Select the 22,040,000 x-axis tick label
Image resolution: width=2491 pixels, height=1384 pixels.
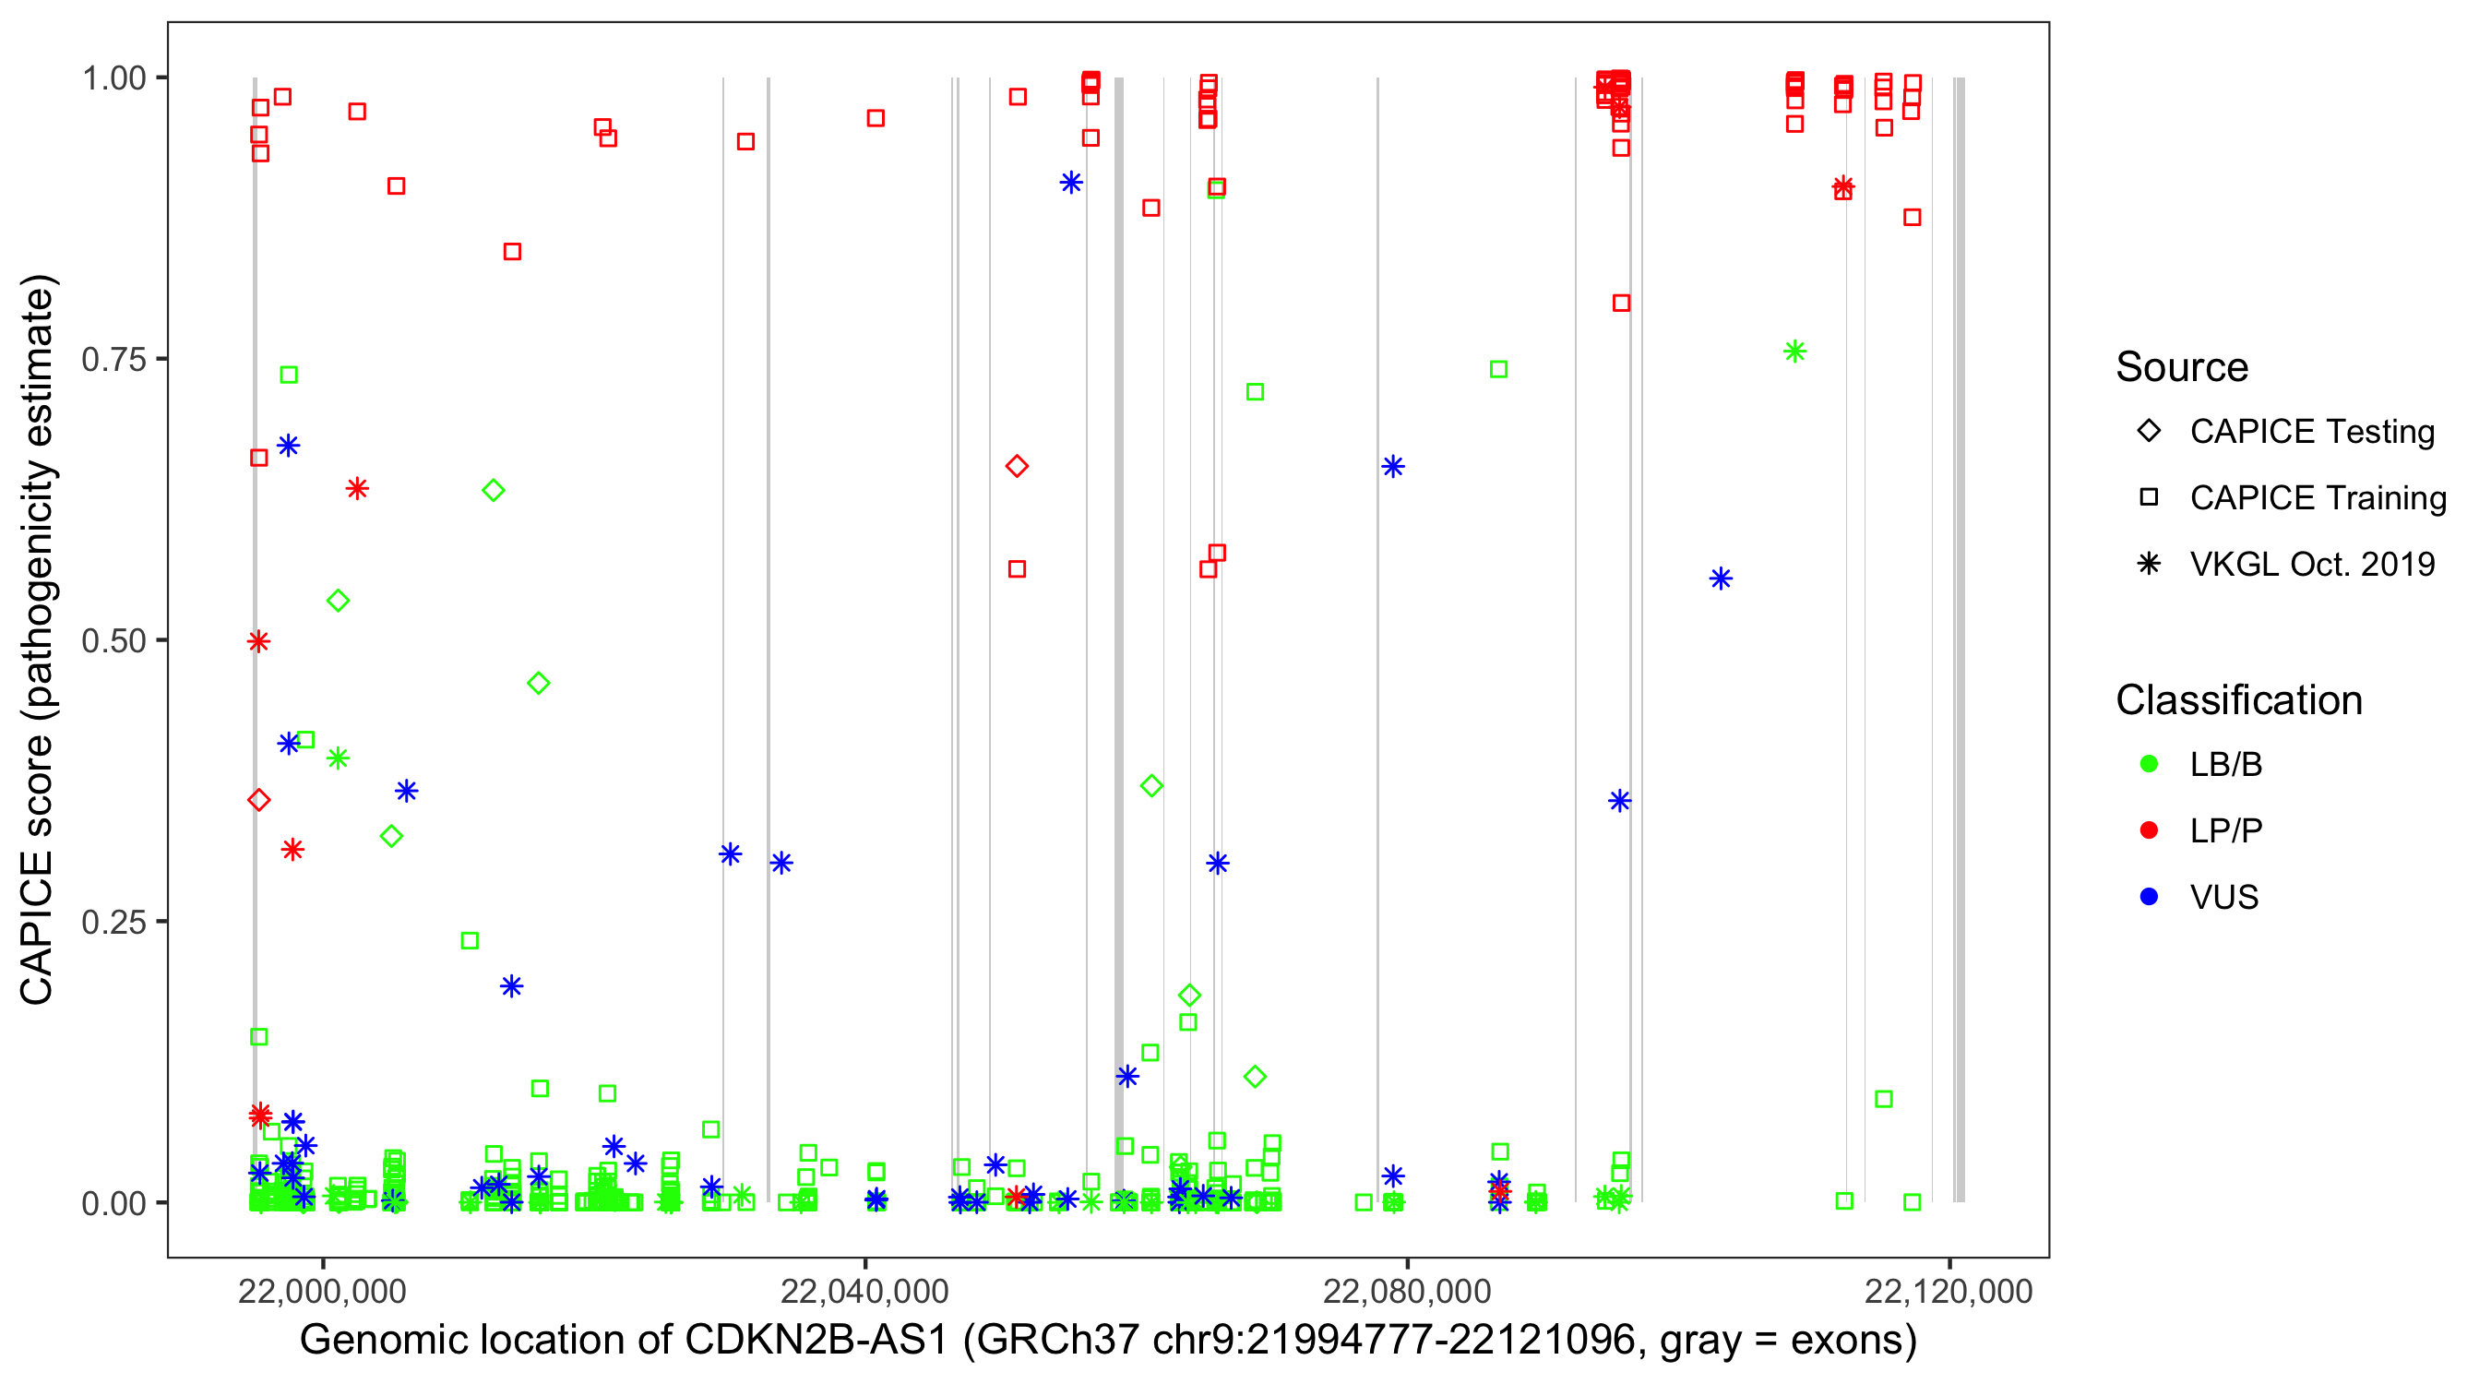[864, 1291]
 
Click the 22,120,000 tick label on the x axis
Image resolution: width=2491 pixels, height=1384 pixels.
[1949, 1291]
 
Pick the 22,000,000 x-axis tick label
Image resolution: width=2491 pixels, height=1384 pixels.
[322, 1291]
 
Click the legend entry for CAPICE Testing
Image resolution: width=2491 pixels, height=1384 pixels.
[2311, 432]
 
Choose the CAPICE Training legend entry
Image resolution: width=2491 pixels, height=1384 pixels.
[2317, 498]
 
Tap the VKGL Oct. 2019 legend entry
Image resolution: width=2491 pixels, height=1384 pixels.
[2311, 565]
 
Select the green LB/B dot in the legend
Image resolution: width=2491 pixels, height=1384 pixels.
[2150, 764]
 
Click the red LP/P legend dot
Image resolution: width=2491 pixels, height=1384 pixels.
[2150, 830]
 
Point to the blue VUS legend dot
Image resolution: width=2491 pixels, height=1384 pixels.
[2150, 897]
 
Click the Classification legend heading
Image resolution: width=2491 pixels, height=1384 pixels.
[2238, 700]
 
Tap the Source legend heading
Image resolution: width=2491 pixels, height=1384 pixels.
[2182, 367]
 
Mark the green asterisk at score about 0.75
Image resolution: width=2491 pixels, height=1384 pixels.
[1794, 352]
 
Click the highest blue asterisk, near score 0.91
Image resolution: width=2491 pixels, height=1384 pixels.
[1070, 183]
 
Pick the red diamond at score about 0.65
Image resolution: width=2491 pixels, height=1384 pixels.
[1017, 466]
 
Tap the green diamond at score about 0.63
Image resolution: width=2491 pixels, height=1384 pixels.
[494, 490]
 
